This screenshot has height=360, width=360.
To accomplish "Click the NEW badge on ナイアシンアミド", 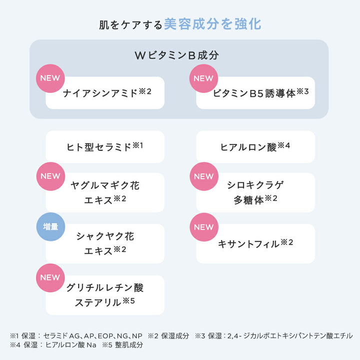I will [x=50, y=78].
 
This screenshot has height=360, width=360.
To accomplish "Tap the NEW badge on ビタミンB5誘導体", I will [x=203, y=78].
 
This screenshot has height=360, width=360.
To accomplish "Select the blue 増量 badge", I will [x=50, y=227].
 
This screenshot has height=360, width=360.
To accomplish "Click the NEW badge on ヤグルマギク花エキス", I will [x=50, y=176].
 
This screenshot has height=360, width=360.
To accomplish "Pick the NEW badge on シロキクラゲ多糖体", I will [x=203, y=176].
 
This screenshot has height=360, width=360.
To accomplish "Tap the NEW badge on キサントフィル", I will [x=203, y=227].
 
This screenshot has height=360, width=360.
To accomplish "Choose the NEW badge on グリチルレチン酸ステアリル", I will [x=50, y=277].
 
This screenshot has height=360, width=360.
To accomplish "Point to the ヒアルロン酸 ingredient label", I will [x=248, y=147].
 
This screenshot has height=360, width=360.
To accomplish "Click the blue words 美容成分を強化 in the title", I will [x=213, y=24].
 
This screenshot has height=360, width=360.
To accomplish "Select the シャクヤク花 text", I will [x=105, y=236].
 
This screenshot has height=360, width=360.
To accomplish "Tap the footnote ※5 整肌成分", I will [x=123, y=344].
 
